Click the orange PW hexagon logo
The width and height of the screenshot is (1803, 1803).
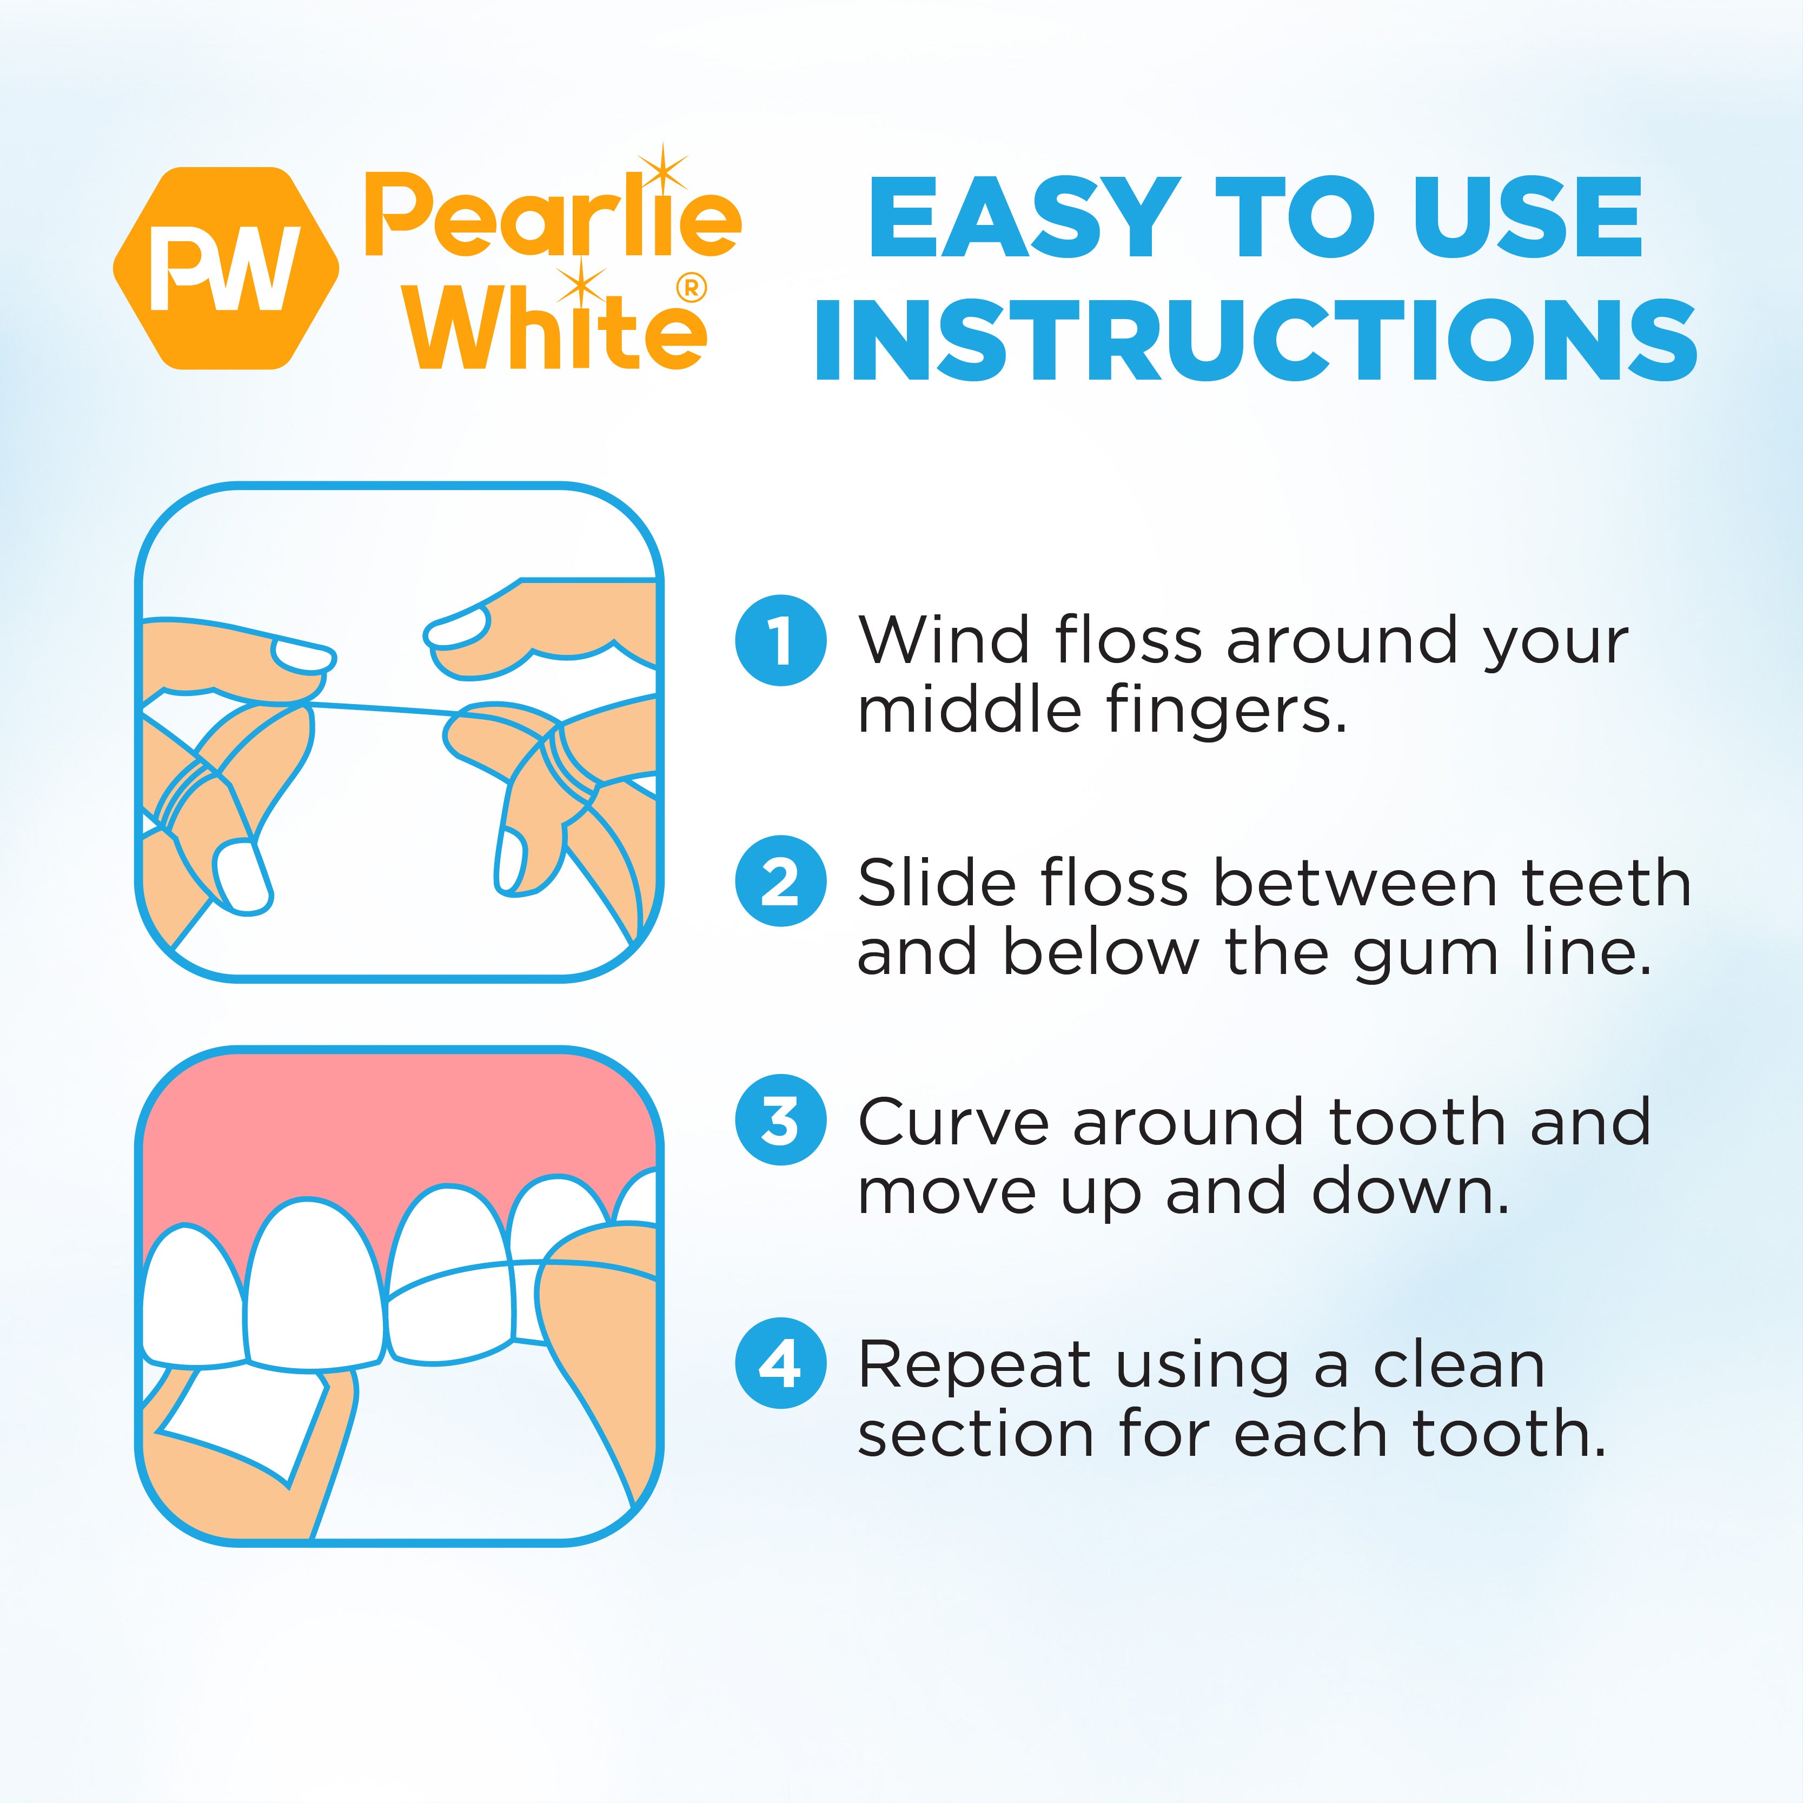tap(226, 268)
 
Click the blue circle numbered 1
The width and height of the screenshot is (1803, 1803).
tap(780, 640)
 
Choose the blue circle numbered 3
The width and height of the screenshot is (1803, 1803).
tap(780, 1121)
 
